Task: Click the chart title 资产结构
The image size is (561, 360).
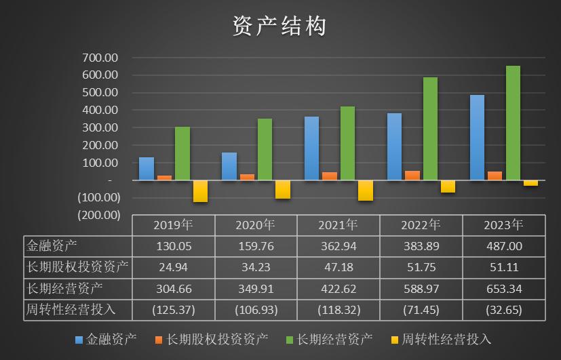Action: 279,26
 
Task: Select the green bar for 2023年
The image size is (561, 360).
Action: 513,123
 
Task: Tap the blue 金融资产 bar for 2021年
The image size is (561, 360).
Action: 311,148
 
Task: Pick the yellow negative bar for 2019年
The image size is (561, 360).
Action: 200,191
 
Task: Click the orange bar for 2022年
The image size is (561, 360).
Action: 412,175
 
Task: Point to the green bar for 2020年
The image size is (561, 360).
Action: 265,149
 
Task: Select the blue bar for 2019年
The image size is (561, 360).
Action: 147,168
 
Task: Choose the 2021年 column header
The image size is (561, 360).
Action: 338,225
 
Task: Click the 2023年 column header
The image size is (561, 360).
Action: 504,225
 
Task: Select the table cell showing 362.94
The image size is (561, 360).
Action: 338,247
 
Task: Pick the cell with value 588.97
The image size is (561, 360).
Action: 421,289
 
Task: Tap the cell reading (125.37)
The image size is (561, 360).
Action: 173,310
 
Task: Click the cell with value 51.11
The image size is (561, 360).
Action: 504,267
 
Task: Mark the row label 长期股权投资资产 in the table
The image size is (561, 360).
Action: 77,267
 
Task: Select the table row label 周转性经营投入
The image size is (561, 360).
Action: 71,310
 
